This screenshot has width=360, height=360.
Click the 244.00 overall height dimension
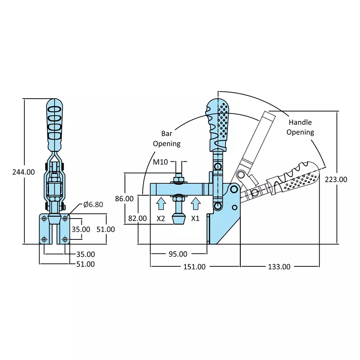point(23,172)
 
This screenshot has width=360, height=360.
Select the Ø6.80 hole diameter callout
point(93,204)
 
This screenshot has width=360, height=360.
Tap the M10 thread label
point(161,162)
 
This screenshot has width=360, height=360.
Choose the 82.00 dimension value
point(138,218)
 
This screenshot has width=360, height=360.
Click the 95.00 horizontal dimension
point(178,254)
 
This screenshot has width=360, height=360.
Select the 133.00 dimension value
point(279,267)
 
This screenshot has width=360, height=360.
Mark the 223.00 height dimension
point(336,179)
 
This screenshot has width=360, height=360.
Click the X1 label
point(195,218)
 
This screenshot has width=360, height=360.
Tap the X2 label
point(161,218)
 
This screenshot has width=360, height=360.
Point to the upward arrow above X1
point(195,203)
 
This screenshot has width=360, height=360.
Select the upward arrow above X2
point(161,203)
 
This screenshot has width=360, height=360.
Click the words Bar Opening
point(166,139)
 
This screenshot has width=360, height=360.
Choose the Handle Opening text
point(300,127)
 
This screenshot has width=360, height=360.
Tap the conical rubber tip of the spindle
point(179,218)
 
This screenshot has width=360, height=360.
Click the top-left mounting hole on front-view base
point(44,218)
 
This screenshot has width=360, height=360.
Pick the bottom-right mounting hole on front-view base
point(65,239)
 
